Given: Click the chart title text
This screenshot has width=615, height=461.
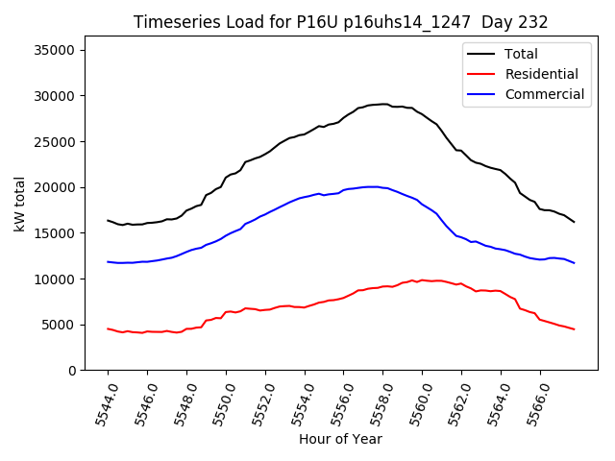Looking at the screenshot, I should [x=340, y=22].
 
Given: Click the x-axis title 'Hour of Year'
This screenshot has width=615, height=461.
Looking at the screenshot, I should [x=340, y=439].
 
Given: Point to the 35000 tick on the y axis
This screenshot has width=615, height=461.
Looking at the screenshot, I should [x=60, y=50].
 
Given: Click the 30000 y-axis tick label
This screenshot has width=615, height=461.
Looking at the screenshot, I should [x=60, y=96].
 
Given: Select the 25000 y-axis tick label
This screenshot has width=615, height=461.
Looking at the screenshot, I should [x=60, y=142].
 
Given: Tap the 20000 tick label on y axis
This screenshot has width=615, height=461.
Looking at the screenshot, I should [x=60, y=187].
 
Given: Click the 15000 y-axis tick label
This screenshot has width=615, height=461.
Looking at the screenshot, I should [x=60, y=233].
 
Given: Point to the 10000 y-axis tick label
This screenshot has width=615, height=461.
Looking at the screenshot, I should [x=60, y=279].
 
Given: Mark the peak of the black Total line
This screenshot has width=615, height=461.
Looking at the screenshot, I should [x=383, y=104].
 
